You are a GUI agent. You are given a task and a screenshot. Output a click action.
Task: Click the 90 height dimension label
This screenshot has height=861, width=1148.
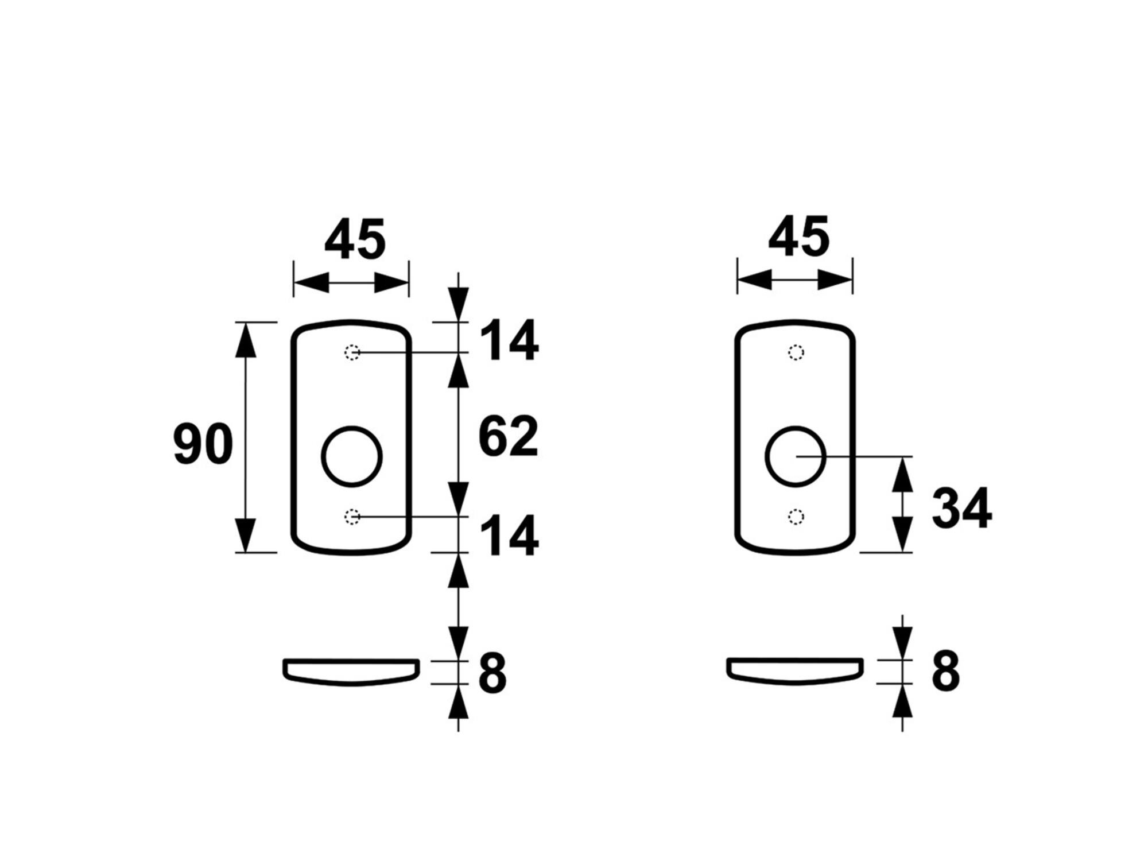[x=203, y=444]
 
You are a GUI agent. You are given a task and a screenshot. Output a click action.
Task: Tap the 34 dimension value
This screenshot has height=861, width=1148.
[x=962, y=508]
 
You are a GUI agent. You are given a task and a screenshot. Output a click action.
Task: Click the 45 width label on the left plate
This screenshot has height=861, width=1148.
[x=355, y=238]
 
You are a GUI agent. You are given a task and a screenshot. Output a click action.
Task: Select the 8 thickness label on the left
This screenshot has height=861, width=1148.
[x=492, y=672]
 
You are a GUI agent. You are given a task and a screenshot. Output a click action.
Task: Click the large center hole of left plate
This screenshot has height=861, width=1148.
[x=322, y=457]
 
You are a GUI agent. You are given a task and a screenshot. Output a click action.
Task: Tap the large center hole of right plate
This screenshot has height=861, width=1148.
[x=766, y=457]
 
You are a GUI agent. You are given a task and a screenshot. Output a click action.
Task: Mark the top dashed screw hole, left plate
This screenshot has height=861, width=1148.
[x=352, y=352]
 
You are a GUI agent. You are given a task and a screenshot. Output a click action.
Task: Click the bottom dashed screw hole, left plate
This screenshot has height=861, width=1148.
[x=352, y=517]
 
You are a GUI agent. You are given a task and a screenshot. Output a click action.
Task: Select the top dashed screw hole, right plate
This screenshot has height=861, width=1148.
[x=796, y=352]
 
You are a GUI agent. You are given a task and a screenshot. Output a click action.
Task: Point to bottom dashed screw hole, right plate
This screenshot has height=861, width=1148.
[x=796, y=517]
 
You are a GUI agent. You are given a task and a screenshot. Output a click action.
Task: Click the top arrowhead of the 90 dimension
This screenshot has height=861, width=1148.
[x=246, y=339]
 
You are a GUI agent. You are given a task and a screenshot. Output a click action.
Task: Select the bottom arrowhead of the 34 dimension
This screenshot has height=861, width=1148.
[x=902, y=534]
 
